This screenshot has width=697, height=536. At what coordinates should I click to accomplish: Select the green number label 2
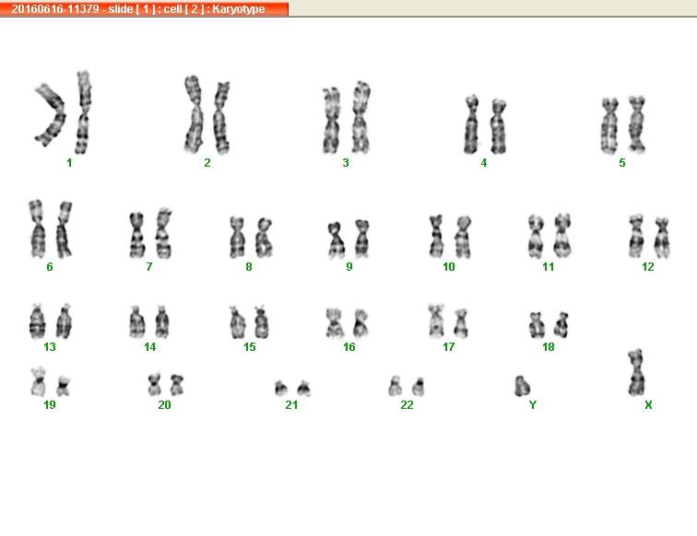click(x=207, y=163)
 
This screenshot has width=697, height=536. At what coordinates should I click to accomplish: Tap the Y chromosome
click(x=522, y=386)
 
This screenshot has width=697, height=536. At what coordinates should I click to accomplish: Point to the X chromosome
click(x=636, y=373)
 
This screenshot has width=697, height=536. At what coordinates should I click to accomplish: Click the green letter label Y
click(x=533, y=404)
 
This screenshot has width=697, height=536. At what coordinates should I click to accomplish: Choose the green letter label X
click(x=648, y=404)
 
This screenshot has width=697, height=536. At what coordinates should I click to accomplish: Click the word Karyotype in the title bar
click(x=238, y=9)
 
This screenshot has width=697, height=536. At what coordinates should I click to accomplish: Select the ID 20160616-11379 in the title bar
click(x=55, y=9)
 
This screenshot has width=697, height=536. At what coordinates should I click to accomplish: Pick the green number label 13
click(x=50, y=347)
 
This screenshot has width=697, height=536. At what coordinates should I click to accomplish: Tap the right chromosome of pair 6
click(x=64, y=229)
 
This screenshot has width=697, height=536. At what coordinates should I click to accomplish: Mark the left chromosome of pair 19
click(x=38, y=381)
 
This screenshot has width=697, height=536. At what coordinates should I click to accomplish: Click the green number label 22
click(x=407, y=404)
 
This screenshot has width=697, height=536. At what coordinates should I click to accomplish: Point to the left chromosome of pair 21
click(x=281, y=388)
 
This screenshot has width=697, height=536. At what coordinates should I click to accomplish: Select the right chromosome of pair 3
click(x=361, y=118)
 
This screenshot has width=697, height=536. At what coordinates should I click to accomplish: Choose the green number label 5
click(x=622, y=163)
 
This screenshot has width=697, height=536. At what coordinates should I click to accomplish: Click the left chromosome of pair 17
click(x=436, y=320)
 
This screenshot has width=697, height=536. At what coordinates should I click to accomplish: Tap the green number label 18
click(x=548, y=347)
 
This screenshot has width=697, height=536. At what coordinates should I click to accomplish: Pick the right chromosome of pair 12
click(x=662, y=238)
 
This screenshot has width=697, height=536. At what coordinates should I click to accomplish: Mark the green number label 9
click(x=348, y=266)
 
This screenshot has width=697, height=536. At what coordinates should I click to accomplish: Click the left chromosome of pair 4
click(x=471, y=124)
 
